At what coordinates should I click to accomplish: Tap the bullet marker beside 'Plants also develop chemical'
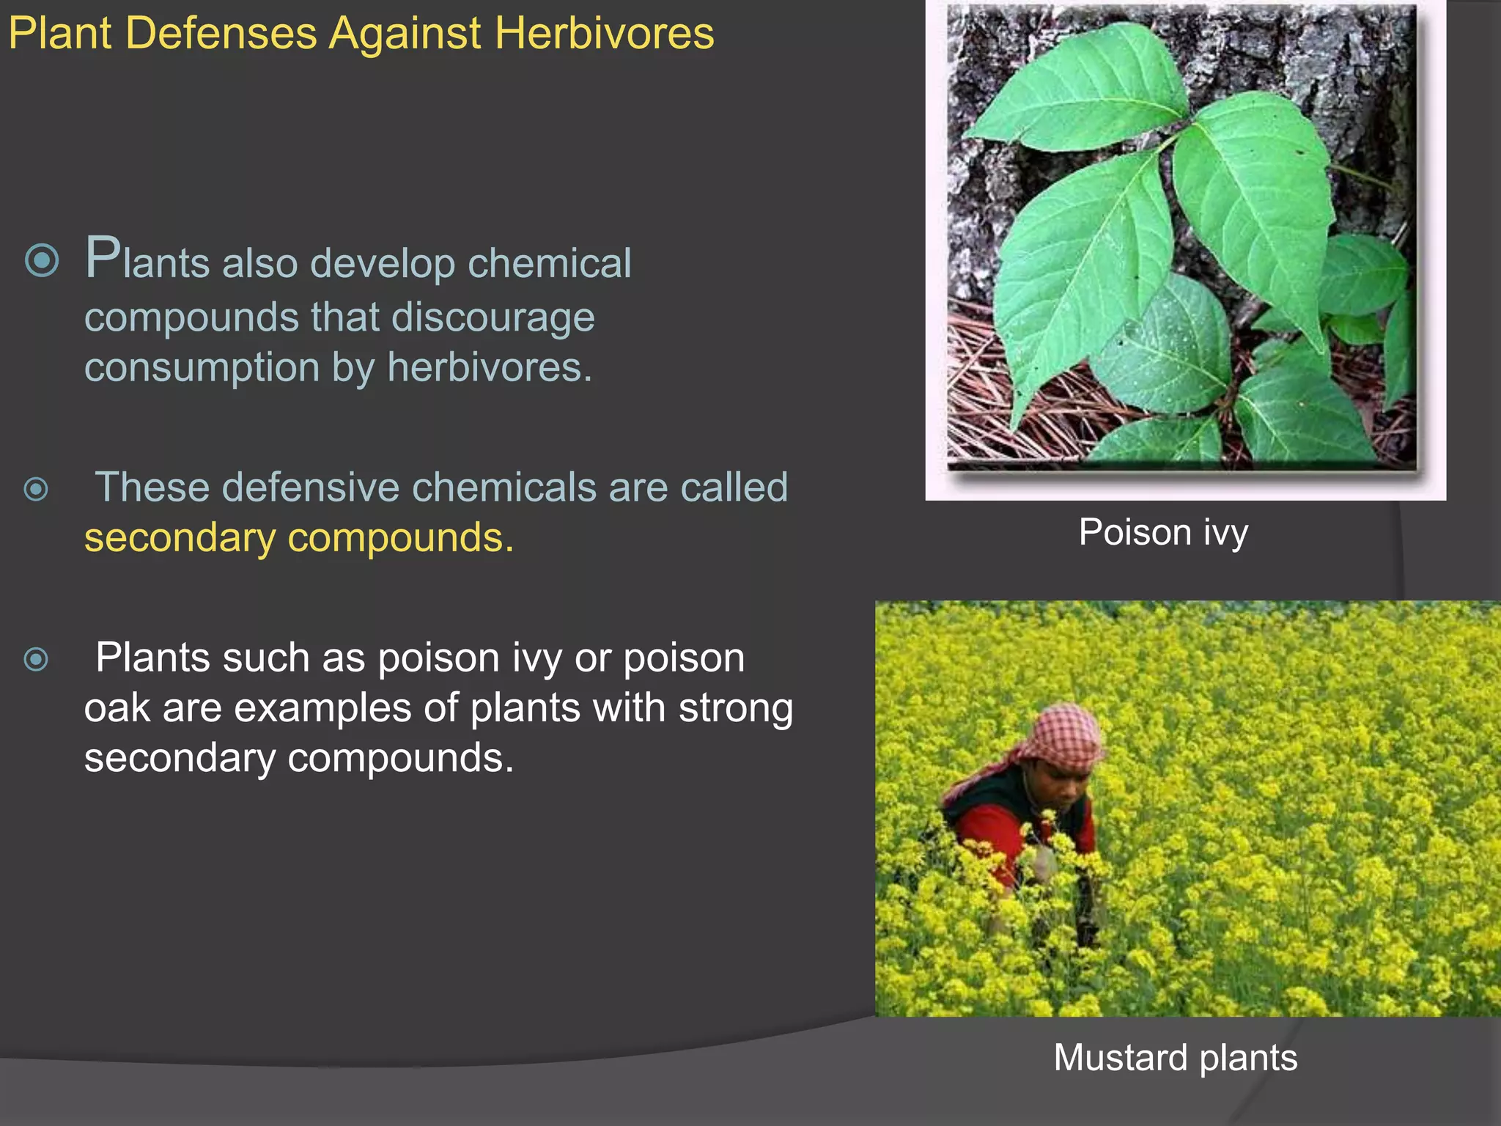tap(42, 260)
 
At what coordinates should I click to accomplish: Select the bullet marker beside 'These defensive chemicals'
tap(36, 489)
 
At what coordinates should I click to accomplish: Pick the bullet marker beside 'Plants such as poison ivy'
tap(36, 660)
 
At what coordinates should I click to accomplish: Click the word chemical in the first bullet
tap(549, 263)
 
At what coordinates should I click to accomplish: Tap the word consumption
tap(202, 368)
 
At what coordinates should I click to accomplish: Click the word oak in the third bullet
tap(117, 709)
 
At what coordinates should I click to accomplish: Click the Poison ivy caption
tap(1163, 532)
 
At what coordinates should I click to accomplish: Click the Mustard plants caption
tap(1175, 1058)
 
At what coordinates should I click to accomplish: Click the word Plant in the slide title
tap(60, 34)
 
